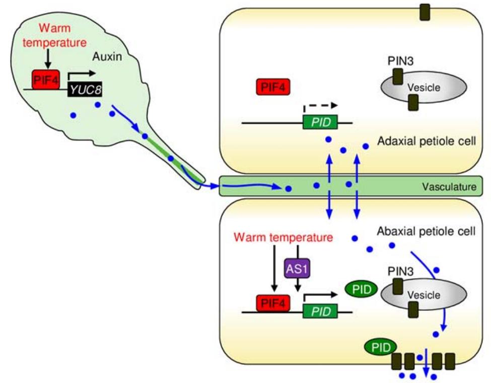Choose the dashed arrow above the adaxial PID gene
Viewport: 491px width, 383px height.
point(320,107)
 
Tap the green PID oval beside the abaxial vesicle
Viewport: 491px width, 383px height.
point(361,289)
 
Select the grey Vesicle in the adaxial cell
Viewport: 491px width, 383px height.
point(417,88)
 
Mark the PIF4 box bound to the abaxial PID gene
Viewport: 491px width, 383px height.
point(273,303)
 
